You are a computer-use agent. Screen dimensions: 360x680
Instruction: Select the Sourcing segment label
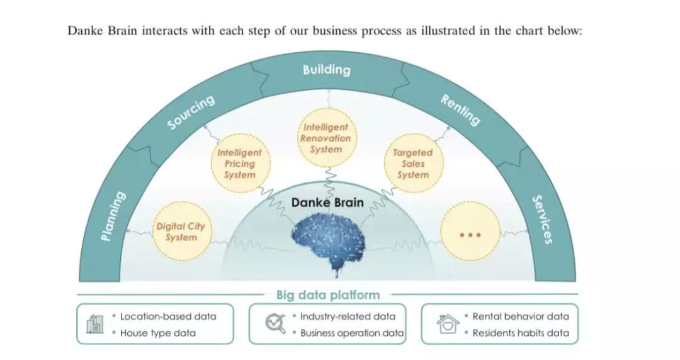coord(191,112)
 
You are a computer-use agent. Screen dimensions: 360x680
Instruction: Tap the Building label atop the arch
coord(326,69)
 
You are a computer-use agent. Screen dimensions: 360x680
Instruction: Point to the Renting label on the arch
coord(460,110)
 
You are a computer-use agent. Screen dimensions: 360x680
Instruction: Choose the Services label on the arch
coord(542,220)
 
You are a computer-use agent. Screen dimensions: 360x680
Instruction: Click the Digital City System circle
coord(181,232)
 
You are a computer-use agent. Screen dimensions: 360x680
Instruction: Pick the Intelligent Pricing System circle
coord(240,164)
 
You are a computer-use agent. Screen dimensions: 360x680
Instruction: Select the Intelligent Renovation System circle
coord(326,138)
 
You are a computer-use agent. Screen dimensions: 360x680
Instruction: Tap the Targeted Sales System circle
coord(413,164)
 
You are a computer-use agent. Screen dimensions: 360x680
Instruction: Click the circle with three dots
coord(470,234)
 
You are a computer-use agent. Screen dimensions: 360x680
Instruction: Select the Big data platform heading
coord(328,295)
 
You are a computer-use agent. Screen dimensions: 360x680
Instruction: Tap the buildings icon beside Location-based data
coord(94,323)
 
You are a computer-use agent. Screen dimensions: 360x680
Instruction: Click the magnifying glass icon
coord(274,323)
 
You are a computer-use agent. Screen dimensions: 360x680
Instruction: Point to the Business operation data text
coord(351,333)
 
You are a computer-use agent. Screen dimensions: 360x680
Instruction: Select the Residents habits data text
coord(520,333)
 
